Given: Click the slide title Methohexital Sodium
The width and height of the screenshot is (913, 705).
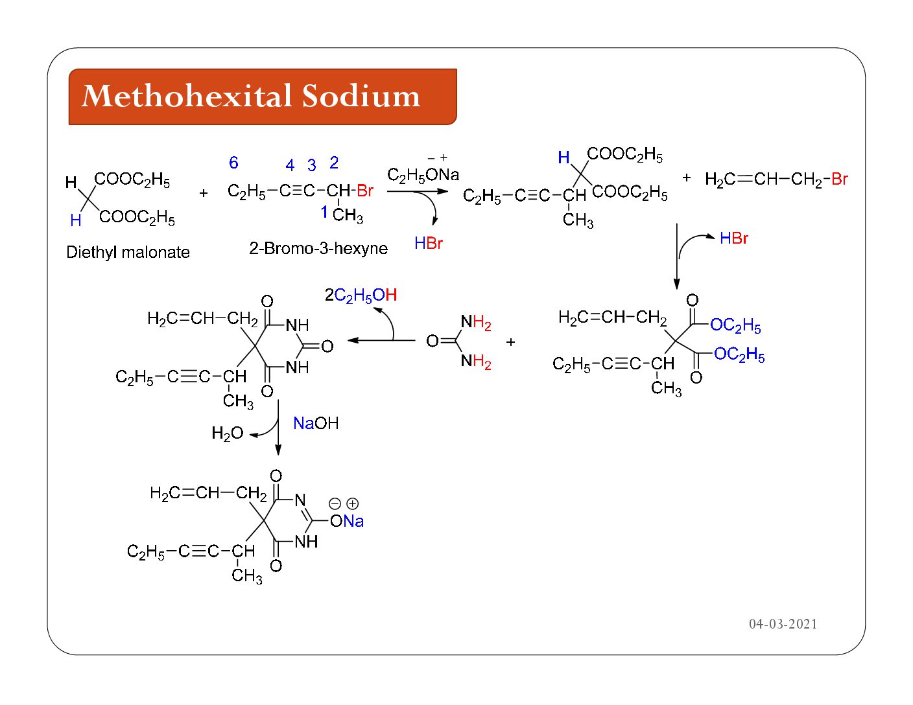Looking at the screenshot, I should tap(251, 97).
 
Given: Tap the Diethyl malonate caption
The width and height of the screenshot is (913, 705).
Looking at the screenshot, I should tap(128, 252).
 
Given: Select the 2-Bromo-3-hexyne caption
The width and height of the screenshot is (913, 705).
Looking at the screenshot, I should tap(318, 248).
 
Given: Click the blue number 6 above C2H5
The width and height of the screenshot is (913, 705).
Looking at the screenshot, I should tap(233, 163).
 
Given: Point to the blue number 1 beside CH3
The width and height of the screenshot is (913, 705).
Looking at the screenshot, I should tap(324, 212).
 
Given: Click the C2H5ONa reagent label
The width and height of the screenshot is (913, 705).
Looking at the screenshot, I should tap(423, 175).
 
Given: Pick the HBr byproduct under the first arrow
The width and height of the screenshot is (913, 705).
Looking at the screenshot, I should tap(428, 243).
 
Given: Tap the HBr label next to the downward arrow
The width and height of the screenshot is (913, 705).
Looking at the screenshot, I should tap(733, 238).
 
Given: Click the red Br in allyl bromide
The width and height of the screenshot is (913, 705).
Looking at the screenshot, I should tap(839, 179).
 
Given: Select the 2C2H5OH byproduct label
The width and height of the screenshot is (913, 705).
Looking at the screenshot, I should tap(361, 295).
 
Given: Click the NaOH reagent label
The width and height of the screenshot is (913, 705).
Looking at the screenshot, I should tap(316, 423).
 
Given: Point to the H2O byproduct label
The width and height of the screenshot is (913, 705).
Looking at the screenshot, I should tap(227, 433).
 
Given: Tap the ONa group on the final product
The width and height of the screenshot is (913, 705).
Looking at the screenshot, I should tap(347, 522).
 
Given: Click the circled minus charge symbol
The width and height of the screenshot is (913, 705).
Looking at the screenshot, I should tap(335, 503).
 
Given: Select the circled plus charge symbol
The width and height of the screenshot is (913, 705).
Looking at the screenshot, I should tap(352, 503).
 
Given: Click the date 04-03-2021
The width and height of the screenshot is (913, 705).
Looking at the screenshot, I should tap(783, 624).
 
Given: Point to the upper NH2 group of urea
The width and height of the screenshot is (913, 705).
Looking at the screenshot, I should tap(476, 322).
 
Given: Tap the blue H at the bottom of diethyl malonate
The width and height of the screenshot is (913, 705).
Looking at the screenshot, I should tap(76, 221).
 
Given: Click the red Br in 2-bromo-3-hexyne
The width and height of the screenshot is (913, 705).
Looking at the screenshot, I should tap(365, 191).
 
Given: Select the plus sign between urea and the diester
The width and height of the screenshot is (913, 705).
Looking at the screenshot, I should tap(511, 341).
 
